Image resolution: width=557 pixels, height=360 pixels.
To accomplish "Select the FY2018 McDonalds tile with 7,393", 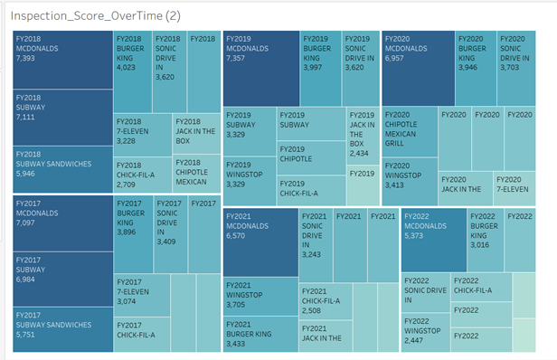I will coord(61,59).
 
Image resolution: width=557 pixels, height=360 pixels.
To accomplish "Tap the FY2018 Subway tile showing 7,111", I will coord(61,117).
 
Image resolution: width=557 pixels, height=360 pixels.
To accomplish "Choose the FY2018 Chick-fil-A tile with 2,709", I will coord(140,174).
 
